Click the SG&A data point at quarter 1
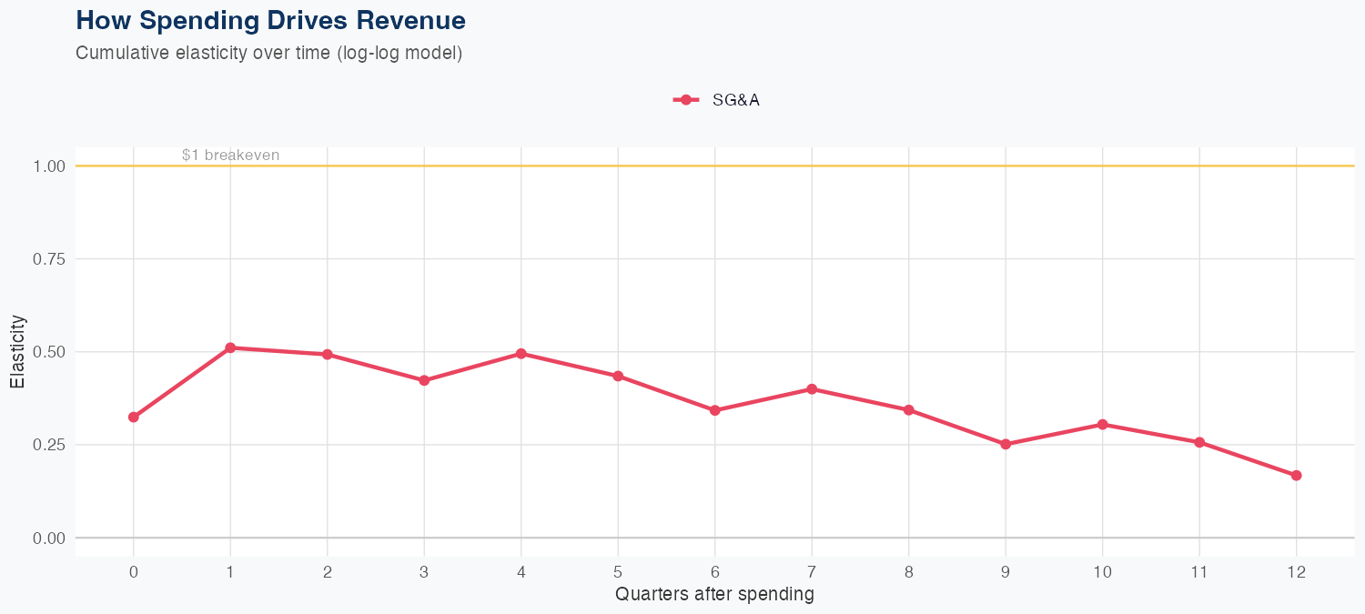coord(230,347)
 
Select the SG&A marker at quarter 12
coord(1296,476)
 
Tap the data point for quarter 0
coord(134,417)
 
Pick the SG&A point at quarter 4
coord(521,353)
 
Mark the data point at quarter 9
coord(1006,444)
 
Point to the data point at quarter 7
coord(812,389)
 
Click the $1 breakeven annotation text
coord(230,156)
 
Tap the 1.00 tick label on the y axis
coord(48,166)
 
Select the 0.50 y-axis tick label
coord(48,352)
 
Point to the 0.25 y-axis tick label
coord(48,445)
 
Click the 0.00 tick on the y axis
coord(48,539)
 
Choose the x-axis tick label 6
coord(714,572)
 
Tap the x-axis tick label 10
coord(1102,572)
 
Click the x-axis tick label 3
coord(424,572)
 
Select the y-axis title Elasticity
coord(17,351)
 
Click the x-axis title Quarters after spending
coord(714,595)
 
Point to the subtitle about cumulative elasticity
coord(269,53)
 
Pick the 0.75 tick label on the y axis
coord(48,259)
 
